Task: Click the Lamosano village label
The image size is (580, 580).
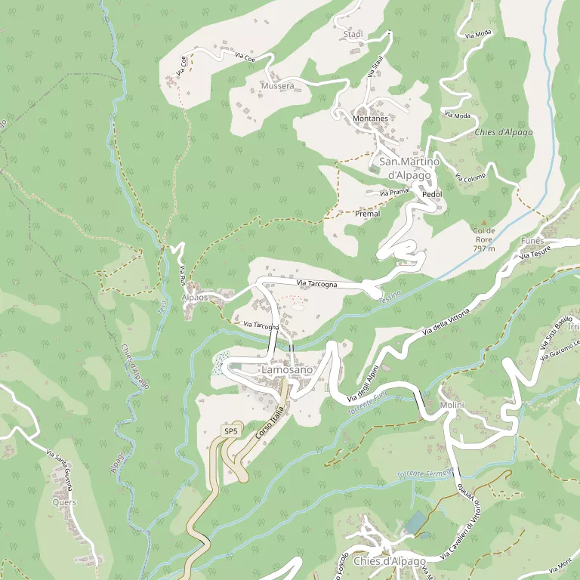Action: [285, 371]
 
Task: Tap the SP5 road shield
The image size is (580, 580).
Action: [230, 431]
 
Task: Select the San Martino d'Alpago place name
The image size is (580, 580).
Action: [405, 168]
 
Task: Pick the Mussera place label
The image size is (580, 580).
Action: [276, 86]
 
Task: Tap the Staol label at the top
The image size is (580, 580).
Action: [353, 34]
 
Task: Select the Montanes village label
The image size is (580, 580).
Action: [370, 119]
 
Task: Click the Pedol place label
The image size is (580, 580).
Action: [432, 194]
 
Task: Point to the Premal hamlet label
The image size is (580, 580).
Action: [367, 214]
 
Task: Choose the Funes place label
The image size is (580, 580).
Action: [532, 240]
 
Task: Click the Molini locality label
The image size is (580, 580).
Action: [452, 406]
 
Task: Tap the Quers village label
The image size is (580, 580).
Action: [64, 502]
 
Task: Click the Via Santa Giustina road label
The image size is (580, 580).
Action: [63, 469]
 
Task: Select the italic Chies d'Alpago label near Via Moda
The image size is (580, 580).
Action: [503, 132]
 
